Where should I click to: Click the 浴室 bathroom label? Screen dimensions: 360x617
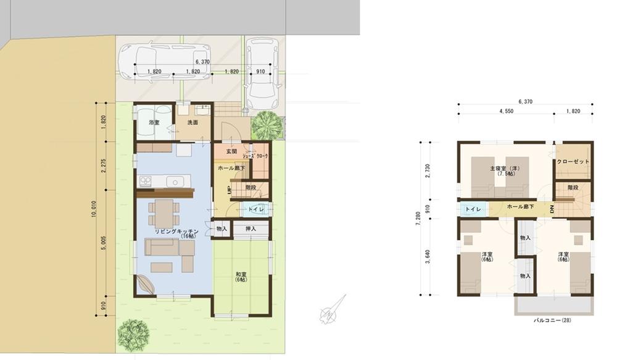coord(154,123)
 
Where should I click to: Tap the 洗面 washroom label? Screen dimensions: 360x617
coord(193,123)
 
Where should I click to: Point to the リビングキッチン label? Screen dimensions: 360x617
coord(176,231)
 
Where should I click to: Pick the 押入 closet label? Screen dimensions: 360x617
coord(251,228)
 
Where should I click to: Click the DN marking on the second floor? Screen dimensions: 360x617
coord(552,209)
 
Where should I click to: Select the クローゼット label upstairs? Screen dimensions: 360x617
coord(573,162)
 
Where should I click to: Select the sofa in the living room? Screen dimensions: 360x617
coord(170,248)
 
